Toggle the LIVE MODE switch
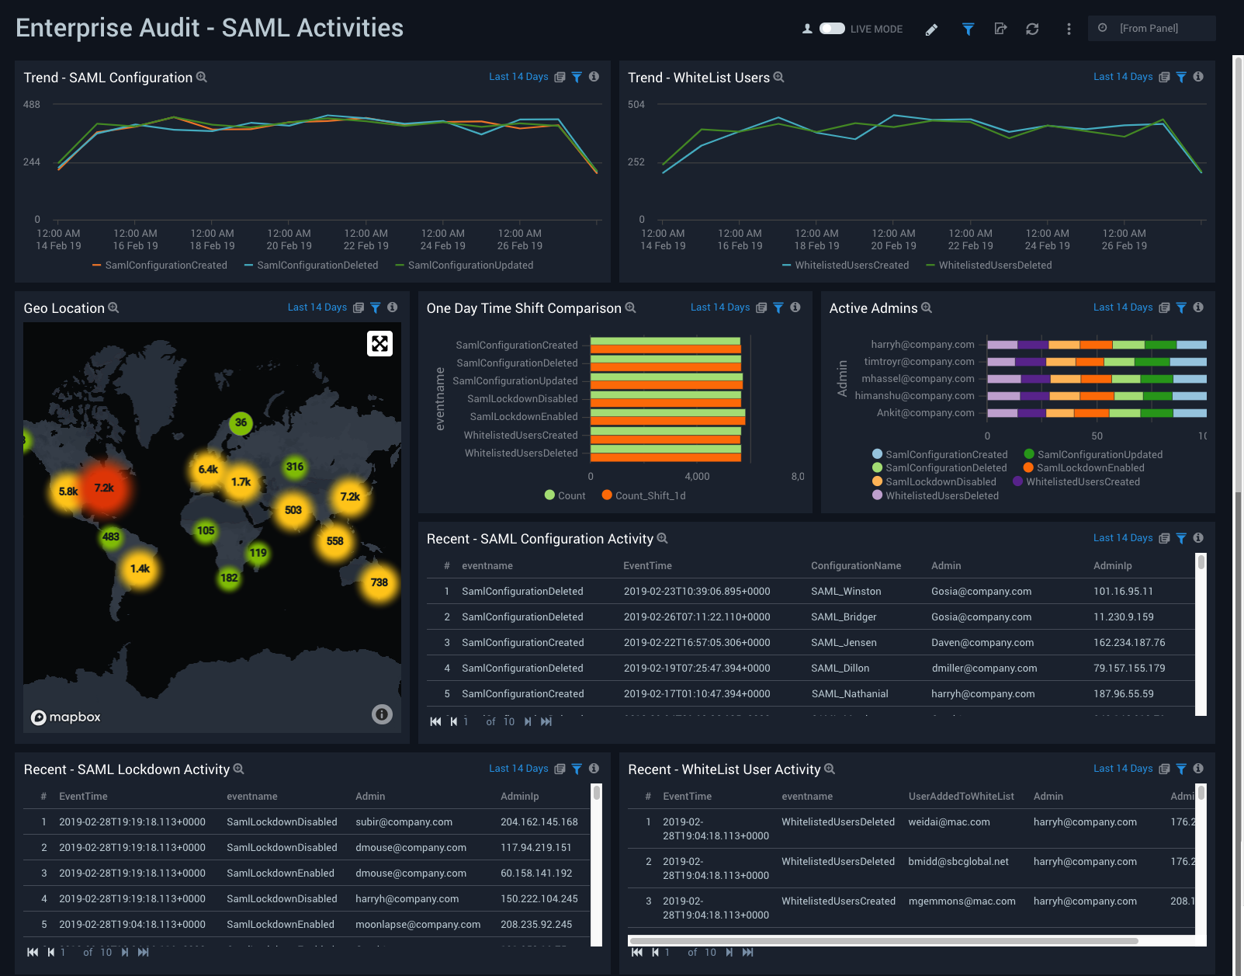click(832, 29)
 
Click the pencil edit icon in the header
click(931, 30)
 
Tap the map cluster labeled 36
click(241, 423)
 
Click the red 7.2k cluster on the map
click(104, 488)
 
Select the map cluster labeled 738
click(379, 582)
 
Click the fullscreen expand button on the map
click(379, 343)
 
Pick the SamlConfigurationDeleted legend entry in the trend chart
click(317, 266)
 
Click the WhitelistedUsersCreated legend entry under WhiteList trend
click(851, 266)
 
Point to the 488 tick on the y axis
click(32, 105)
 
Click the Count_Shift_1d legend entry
click(650, 496)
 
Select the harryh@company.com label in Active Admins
click(922, 345)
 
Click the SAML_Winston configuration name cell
click(846, 592)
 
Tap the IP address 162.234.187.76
click(1129, 643)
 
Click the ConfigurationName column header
click(856, 566)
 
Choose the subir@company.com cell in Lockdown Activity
click(404, 822)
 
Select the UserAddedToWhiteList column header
click(961, 797)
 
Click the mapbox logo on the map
click(66, 717)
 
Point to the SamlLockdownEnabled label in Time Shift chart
click(524, 417)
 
